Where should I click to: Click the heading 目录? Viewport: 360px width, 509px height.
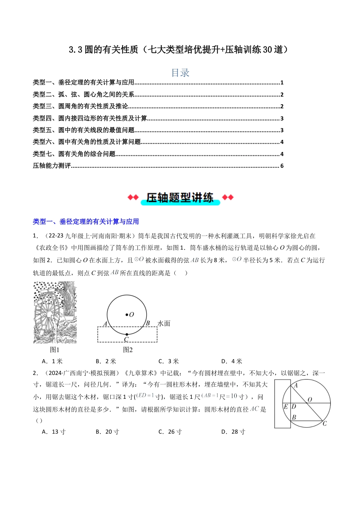point(180,73)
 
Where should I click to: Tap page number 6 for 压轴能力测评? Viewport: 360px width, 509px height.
point(282,166)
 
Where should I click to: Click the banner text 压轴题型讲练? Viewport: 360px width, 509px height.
point(180,198)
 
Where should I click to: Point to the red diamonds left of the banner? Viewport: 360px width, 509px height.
point(133,197)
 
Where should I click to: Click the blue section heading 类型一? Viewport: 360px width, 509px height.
point(86,222)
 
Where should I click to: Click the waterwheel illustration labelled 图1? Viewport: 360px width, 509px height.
point(55,312)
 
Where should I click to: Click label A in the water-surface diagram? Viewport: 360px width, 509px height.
point(105,324)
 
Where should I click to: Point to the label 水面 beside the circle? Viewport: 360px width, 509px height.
point(164,323)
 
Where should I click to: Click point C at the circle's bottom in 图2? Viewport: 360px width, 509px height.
point(127,339)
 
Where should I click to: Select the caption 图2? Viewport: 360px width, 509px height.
point(128,350)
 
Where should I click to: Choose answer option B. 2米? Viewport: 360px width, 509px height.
point(106,361)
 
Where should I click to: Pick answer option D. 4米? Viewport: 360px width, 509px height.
point(232,361)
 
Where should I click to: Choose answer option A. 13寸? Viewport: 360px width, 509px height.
point(53,432)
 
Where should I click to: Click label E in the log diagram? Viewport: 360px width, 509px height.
point(286,407)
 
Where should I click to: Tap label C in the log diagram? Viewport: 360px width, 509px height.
point(325,423)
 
